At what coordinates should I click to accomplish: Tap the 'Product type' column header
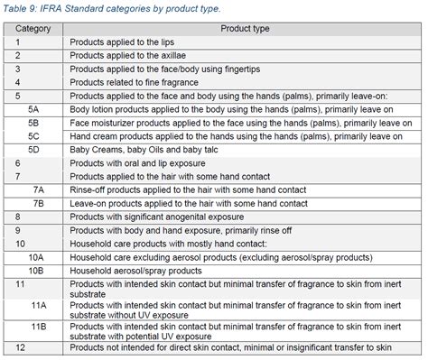239,29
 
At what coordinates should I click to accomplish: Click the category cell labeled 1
18,42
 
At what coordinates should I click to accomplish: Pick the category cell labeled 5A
33,107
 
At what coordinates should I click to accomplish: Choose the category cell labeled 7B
38,203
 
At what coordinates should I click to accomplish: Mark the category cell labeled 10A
36,256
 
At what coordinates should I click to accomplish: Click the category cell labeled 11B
38,326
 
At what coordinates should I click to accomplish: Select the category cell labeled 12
21,347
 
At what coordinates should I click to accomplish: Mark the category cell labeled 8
18,217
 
